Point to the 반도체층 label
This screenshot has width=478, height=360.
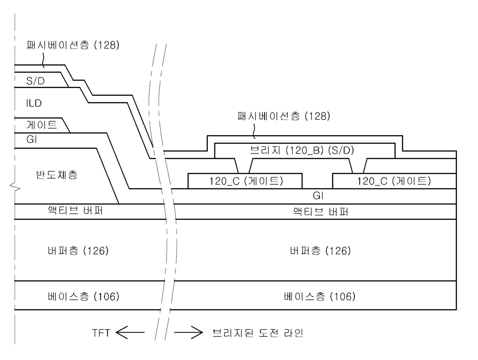coord(56,176)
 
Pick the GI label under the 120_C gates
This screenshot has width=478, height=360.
coord(318,196)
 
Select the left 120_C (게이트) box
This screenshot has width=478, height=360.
coord(245,181)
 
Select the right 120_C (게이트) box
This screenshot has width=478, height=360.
coord(394,181)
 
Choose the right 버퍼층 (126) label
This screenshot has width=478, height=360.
coord(320,251)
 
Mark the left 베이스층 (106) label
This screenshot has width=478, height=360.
coord(82,296)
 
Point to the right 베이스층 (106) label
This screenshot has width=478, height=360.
coord(319,296)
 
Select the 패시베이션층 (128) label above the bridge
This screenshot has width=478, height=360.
coord(284,117)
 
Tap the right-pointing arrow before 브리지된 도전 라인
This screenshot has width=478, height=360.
coord(188,332)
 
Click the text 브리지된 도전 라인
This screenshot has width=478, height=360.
coord(258,332)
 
